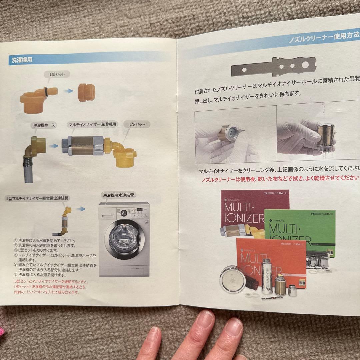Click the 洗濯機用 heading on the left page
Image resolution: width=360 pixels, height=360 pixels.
pos(22,60)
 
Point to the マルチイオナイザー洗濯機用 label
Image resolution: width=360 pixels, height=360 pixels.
pos(92,124)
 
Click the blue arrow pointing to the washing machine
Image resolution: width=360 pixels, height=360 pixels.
pos(81,209)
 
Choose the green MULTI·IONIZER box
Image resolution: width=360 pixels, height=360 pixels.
pos(300,230)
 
